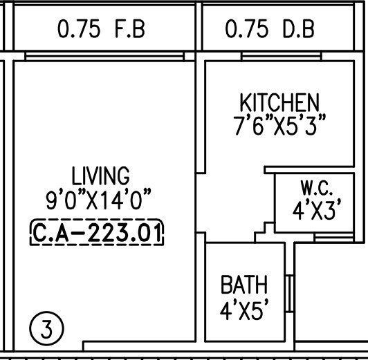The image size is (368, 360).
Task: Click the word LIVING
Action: tap(100, 175)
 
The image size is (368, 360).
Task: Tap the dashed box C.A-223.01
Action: tap(98, 232)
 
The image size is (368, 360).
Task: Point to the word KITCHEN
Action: tap(279, 104)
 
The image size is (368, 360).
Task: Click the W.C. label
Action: tap(317, 188)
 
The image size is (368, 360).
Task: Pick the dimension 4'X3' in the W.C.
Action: tap(317, 210)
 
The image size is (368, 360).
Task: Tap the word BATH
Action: tap(243, 284)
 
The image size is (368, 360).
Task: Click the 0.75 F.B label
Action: tap(101, 30)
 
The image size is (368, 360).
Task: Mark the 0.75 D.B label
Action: tap(270, 30)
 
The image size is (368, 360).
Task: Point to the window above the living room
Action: tap(104, 55)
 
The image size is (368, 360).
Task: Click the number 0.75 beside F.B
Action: tap(77, 30)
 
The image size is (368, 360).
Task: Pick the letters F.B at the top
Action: tap(130, 30)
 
